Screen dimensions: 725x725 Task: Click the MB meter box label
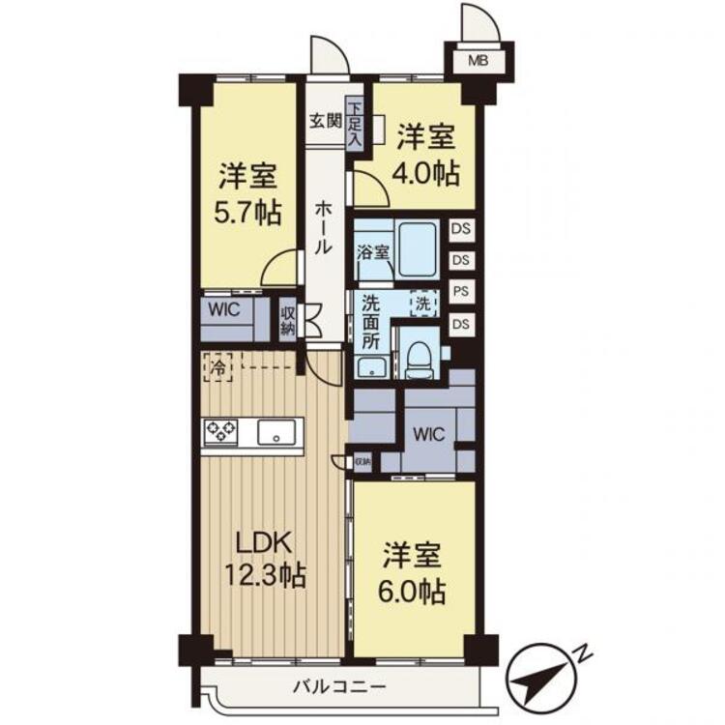(x=478, y=60)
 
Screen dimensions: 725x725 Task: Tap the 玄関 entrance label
(x=326, y=121)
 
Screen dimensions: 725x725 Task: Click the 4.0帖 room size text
(x=426, y=173)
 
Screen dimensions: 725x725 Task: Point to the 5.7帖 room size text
(x=247, y=213)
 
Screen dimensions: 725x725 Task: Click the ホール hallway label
(x=323, y=228)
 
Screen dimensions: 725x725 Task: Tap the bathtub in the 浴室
(x=418, y=250)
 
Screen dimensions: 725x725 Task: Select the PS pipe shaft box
(x=461, y=292)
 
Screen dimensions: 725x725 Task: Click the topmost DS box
(x=461, y=228)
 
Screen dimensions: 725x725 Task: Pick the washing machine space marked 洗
(x=423, y=304)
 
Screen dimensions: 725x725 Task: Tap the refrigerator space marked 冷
(x=217, y=367)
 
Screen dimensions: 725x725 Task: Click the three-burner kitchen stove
(x=221, y=432)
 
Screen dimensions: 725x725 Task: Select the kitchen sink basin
(x=276, y=432)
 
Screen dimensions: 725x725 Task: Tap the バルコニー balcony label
(x=340, y=686)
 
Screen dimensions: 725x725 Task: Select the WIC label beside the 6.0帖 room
(x=428, y=434)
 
